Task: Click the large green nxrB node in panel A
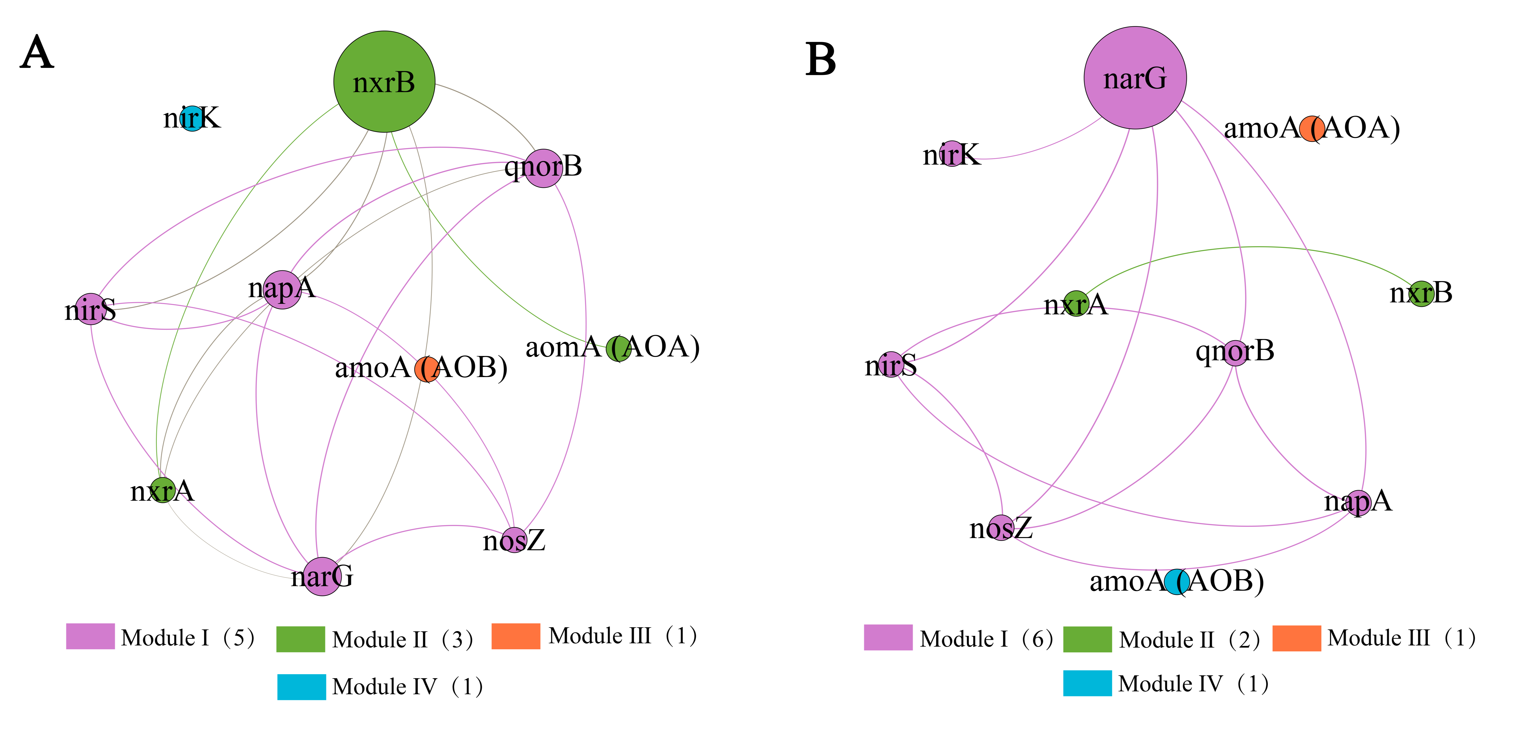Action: coord(384,81)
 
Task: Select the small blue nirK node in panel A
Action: coord(192,118)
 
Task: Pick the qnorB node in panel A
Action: coord(543,168)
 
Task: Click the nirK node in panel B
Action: coord(952,154)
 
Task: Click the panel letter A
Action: coord(37,53)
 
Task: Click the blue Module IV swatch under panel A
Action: coord(302,687)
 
